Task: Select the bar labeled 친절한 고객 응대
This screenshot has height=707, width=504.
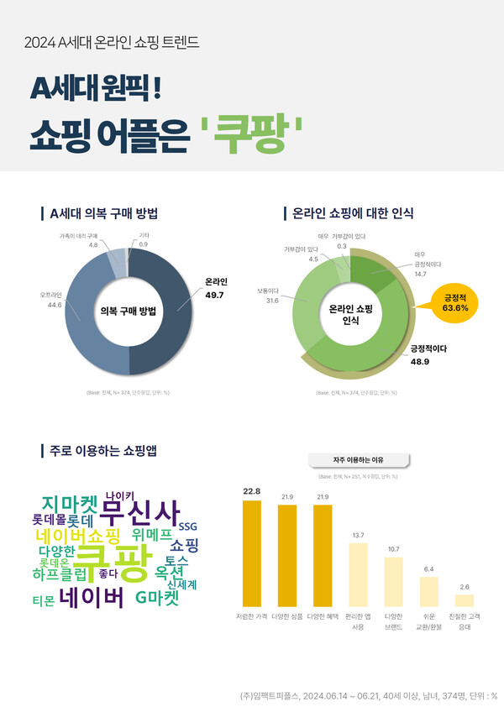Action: (465, 600)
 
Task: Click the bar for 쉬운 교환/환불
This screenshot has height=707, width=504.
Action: (429, 591)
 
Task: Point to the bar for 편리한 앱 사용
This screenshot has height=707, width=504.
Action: (358, 574)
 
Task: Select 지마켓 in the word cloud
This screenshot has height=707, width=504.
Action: (71, 504)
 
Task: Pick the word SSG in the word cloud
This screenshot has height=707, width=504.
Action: (187, 526)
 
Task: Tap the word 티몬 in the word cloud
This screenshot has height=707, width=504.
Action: (43, 601)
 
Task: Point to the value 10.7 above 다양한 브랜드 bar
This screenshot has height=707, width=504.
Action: (394, 549)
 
